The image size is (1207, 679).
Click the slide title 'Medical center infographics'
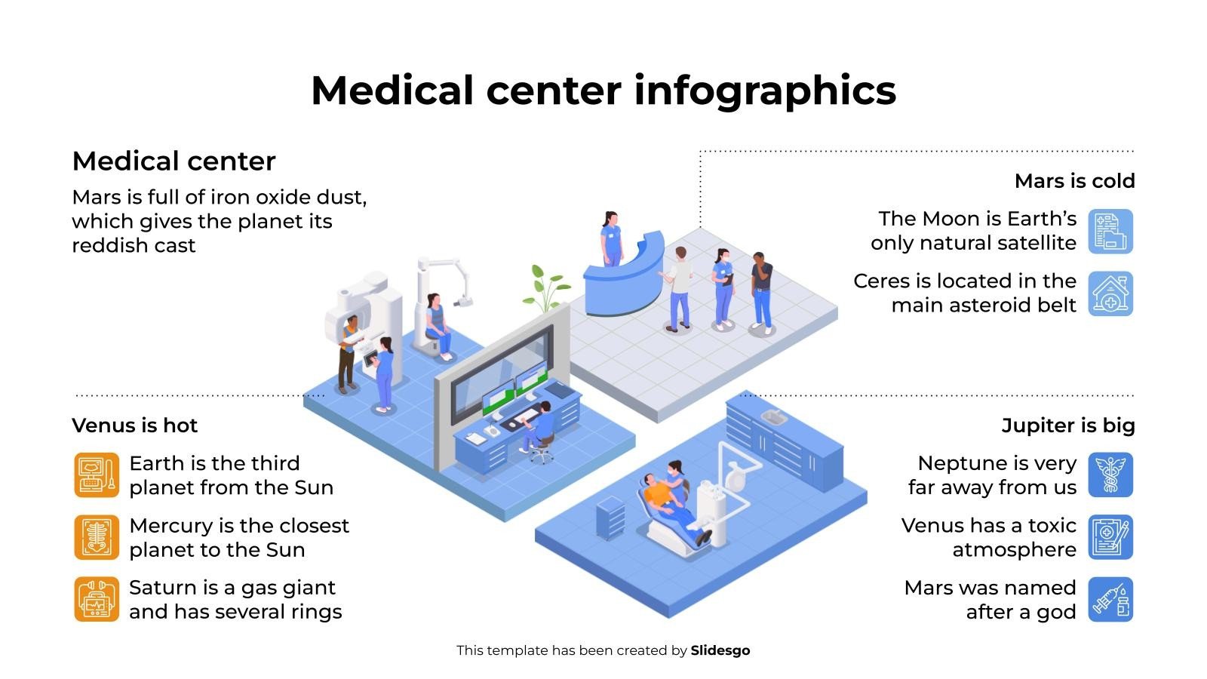[603, 91]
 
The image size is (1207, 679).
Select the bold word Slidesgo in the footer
[720, 650]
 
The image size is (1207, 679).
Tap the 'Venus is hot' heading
[134, 426]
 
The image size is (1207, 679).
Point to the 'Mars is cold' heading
[1074, 181]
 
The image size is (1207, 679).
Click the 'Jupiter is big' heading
[1067, 426]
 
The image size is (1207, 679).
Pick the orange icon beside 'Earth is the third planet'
[97, 475]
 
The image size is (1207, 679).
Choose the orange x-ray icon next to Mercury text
[97, 537]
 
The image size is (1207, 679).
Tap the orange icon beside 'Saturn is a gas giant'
[97, 599]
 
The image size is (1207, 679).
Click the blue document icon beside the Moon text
[1110, 232]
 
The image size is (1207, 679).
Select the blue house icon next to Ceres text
[1110, 293]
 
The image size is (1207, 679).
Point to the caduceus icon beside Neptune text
[1110, 475]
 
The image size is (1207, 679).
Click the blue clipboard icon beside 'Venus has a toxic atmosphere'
[1110, 537]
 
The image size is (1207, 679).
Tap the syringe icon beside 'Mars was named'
[1110, 599]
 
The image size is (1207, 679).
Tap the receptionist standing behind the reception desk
[610, 238]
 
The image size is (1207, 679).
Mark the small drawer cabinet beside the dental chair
[610, 518]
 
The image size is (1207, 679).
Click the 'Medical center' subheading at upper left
[174, 161]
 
